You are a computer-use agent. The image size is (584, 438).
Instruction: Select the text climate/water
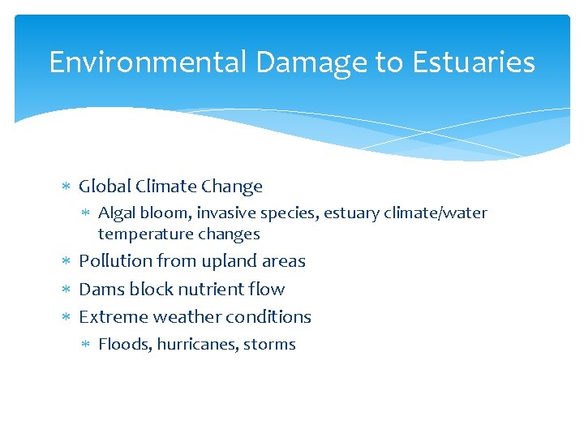(x=432, y=213)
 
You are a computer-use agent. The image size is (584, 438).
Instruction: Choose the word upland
(x=224, y=262)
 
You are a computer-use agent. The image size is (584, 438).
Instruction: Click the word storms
(x=269, y=344)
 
